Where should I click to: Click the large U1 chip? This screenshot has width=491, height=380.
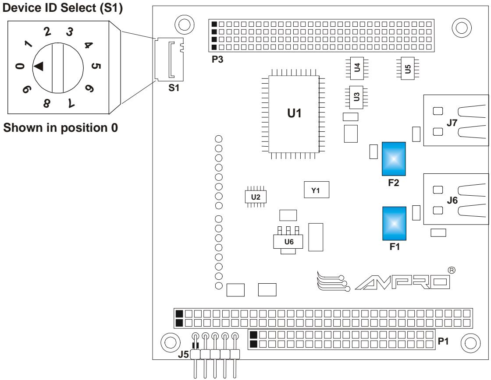point(294,114)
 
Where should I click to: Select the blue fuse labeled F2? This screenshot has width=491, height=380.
point(394,159)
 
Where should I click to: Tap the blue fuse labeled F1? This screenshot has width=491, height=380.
point(394,223)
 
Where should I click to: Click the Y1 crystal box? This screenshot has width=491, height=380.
point(316,190)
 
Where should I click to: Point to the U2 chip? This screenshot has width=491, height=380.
point(256,197)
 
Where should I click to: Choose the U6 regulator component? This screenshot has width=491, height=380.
point(288,240)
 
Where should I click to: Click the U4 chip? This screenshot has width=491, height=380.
point(357,68)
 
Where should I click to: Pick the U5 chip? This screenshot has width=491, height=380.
point(407,68)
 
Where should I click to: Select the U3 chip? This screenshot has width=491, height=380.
point(356,97)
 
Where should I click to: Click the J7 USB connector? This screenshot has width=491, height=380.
point(455,120)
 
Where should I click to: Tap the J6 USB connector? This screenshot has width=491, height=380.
point(455,199)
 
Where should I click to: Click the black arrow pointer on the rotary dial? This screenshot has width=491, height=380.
point(39,66)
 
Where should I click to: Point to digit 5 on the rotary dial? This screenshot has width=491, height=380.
point(96,66)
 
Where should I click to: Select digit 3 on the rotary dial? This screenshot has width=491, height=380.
point(70,32)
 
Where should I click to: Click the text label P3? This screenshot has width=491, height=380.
point(217,59)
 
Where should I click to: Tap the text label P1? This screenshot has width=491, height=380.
point(443,341)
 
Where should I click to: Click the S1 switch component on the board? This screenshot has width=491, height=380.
point(169,59)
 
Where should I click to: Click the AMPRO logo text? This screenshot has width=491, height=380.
point(402,282)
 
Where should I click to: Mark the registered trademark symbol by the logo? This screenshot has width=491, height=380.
point(452,270)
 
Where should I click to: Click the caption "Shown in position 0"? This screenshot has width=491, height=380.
point(60,127)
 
